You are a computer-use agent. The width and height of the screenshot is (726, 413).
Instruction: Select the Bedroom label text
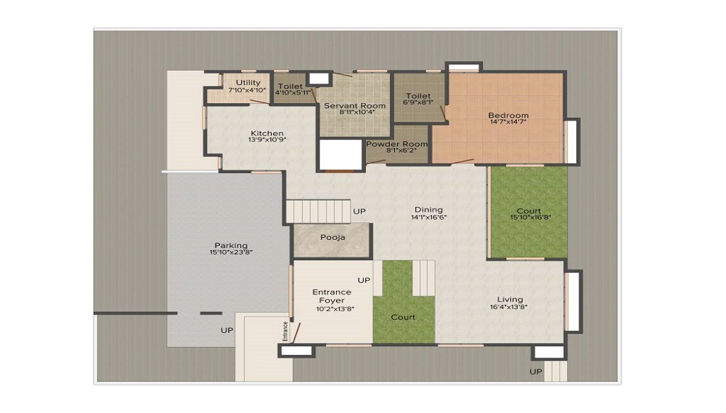click(508, 115)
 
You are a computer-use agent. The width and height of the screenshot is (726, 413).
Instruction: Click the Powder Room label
click(396, 144)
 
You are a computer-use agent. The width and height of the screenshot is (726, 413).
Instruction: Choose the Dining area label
click(428, 209)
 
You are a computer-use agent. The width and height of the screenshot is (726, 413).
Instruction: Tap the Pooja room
click(333, 237)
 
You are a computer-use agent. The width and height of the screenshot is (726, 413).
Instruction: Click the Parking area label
click(231, 245)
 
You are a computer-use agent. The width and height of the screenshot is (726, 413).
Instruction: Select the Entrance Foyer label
click(332, 296)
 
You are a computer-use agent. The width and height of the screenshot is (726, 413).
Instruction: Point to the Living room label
click(510, 299)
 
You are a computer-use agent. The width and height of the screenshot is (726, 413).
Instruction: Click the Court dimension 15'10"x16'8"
click(529, 217)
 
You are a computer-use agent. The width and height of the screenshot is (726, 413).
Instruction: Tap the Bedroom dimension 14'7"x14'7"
click(508, 122)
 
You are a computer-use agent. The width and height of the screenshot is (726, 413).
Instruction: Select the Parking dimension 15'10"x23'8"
click(231, 252)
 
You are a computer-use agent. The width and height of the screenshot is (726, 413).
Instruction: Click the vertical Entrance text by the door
click(285, 330)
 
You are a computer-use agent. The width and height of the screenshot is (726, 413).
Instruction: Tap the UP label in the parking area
click(227, 330)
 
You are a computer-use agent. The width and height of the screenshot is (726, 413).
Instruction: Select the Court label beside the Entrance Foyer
click(403, 317)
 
